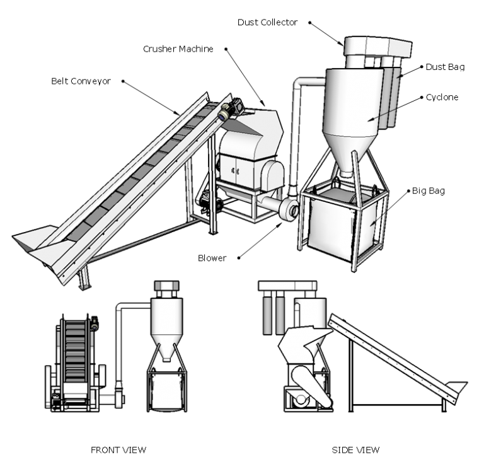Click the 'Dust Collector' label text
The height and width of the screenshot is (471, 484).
pos(267,22)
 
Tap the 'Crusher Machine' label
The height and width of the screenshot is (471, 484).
pos(178,49)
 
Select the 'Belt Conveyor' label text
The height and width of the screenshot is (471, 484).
pos(81,81)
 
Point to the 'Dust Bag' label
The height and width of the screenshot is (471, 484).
pos(445,67)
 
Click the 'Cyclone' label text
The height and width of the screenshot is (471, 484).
pos(442,97)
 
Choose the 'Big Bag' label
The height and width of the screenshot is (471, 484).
pos(429,191)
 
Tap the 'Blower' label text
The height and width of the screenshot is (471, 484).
pos(212,258)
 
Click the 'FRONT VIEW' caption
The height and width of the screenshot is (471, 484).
pos(118,450)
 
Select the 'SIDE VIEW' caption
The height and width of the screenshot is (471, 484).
pos(355,450)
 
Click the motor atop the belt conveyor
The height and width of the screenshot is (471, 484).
pos(231,109)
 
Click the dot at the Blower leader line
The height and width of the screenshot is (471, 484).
pos(239,258)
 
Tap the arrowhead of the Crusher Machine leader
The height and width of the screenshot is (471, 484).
pos(263,103)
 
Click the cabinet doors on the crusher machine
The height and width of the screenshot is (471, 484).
pos(237,171)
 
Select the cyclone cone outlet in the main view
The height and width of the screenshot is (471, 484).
pos(346,173)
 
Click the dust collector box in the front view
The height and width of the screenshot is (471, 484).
pos(166,285)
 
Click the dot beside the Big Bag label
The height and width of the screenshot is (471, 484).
pos(409,191)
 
